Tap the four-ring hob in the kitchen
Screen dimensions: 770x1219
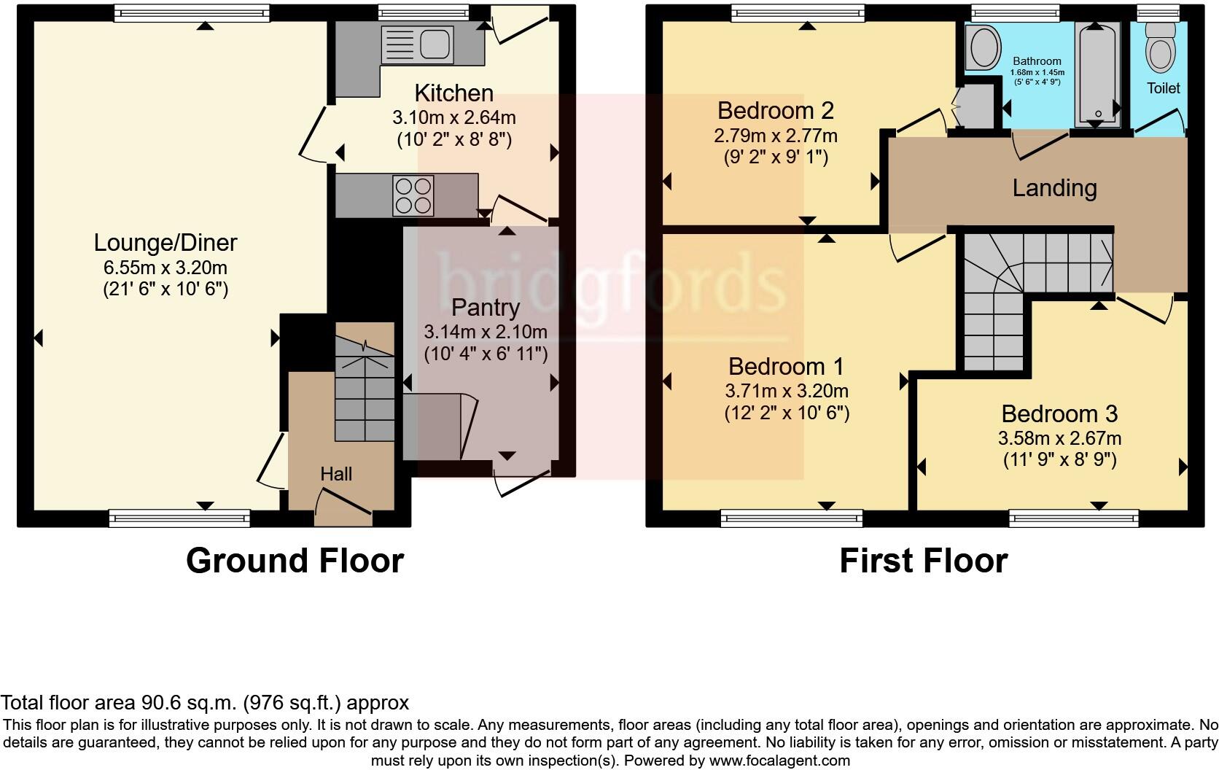[413, 195]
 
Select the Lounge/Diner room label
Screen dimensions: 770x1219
[165, 243]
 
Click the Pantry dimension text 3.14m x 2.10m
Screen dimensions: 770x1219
[486, 332]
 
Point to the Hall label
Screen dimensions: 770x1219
[336, 474]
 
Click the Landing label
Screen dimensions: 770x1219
[1054, 188]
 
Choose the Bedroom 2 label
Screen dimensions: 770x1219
[775, 111]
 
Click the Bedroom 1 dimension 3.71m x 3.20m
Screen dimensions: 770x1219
[787, 392]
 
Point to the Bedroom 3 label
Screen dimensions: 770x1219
[1059, 414]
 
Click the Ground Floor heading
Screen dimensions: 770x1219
[295, 561]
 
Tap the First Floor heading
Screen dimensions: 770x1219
[923, 561]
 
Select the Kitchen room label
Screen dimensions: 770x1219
[453, 93]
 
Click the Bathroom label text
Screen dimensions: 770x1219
[1037, 61]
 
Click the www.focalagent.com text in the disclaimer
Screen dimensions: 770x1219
[779, 761]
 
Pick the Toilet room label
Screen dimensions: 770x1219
[1163, 88]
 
